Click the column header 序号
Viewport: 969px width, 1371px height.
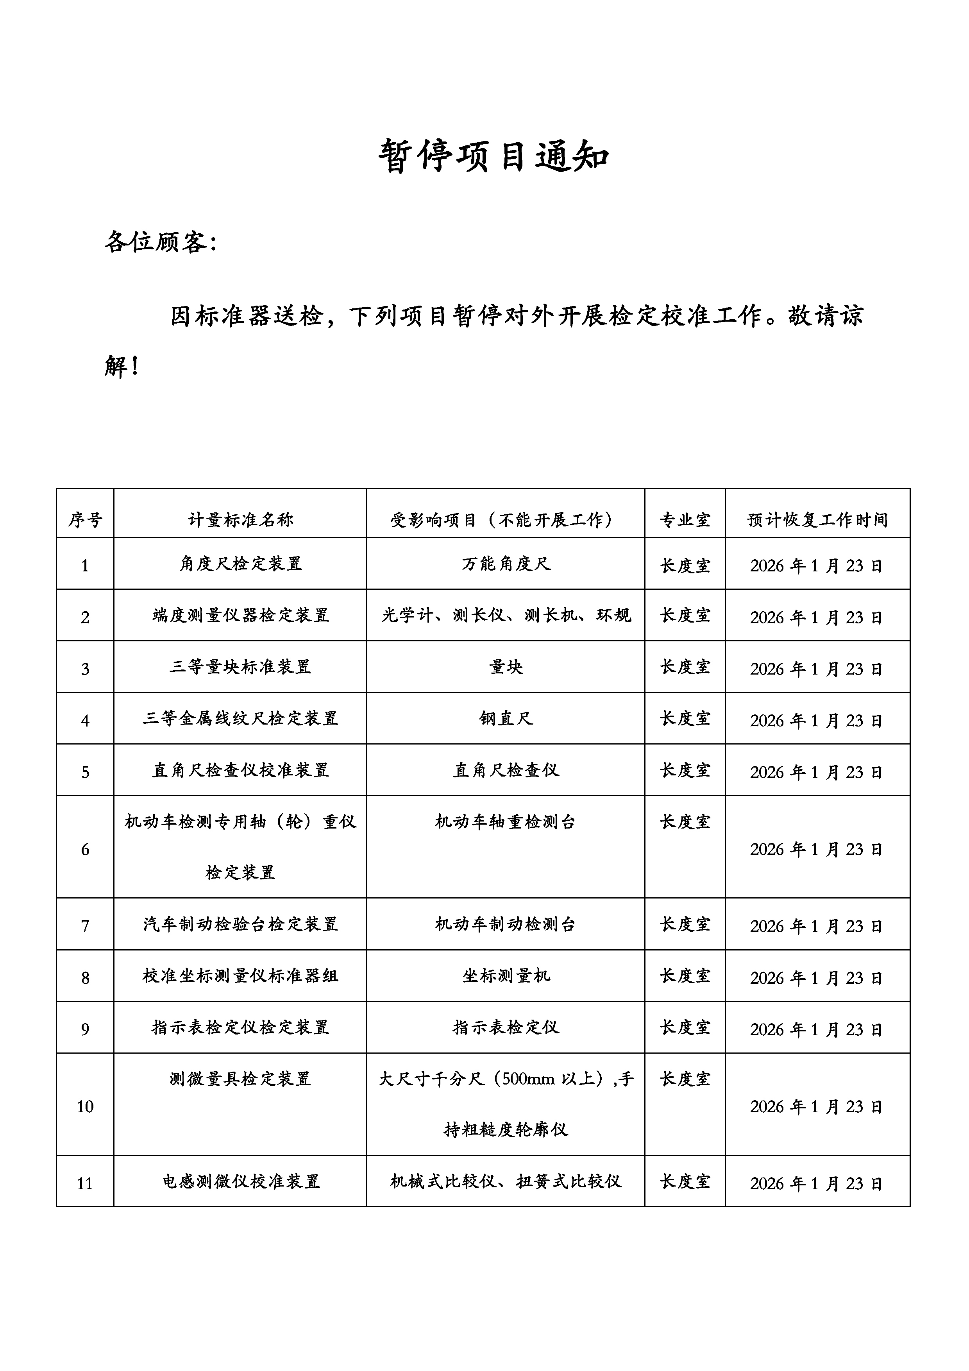tap(85, 519)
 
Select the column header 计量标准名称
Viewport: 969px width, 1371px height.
tap(240, 519)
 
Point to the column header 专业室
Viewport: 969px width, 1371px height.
tap(685, 519)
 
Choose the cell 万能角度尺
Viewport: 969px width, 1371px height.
tap(506, 564)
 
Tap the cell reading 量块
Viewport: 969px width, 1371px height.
tap(506, 666)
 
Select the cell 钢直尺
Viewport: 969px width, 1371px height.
tap(506, 718)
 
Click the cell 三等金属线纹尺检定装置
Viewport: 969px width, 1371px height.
tap(240, 718)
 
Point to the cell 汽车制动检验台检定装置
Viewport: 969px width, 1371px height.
tap(240, 924)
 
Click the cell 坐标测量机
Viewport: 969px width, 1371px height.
tap(506, 976)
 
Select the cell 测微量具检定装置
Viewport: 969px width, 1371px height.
tap(240, 1079)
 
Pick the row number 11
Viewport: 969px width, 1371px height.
tap(85, 1183)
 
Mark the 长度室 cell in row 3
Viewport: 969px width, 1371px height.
tap(685, 666)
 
